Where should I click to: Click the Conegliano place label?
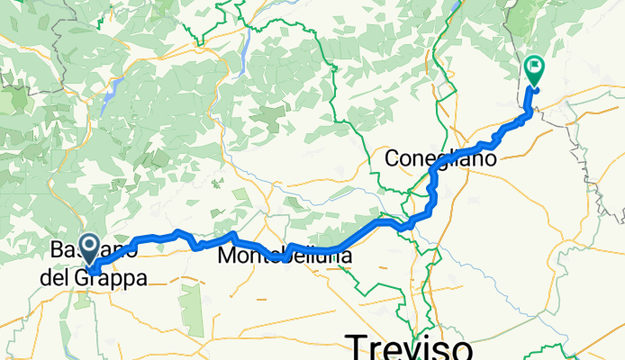pyautogui.click(x=440, y=158)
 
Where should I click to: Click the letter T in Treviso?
pyautogui.click(x=355, y=346)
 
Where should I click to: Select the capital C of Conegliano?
pyautogui.click(x=393, y=158)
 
